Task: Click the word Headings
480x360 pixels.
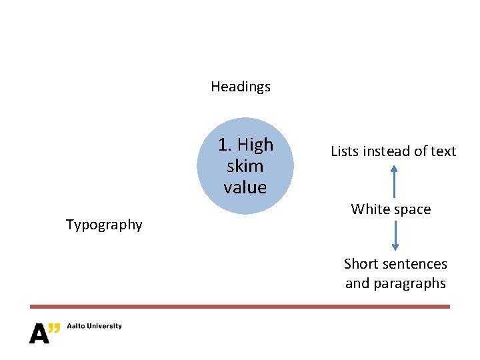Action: pyautogui.click(x=241, y=87)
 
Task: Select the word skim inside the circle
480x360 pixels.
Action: pyautogui.click(x=245, y=166)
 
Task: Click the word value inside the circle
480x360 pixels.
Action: pyautogui.click(x=245, y=187)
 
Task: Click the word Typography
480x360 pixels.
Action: pyautogui.click(x=104, y=225)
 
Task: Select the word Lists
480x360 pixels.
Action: pyautogui.click(x=345, y=151)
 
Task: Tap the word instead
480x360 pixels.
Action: pyautogui.click(x=387, y=151)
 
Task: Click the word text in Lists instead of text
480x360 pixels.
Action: pyautogui.click(x=443, y=151)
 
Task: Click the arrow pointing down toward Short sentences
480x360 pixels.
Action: pyautogui.click(x=395, y=235)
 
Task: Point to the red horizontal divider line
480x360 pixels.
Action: pyautogui.click(x=240, y=307)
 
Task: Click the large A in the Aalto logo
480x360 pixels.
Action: pyautogui.click(x=39, y=334)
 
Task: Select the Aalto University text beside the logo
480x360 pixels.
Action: pyautogui.click(x=94, y=326)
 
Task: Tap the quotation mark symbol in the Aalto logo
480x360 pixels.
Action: pyautogui.click(x=55, y=327)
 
